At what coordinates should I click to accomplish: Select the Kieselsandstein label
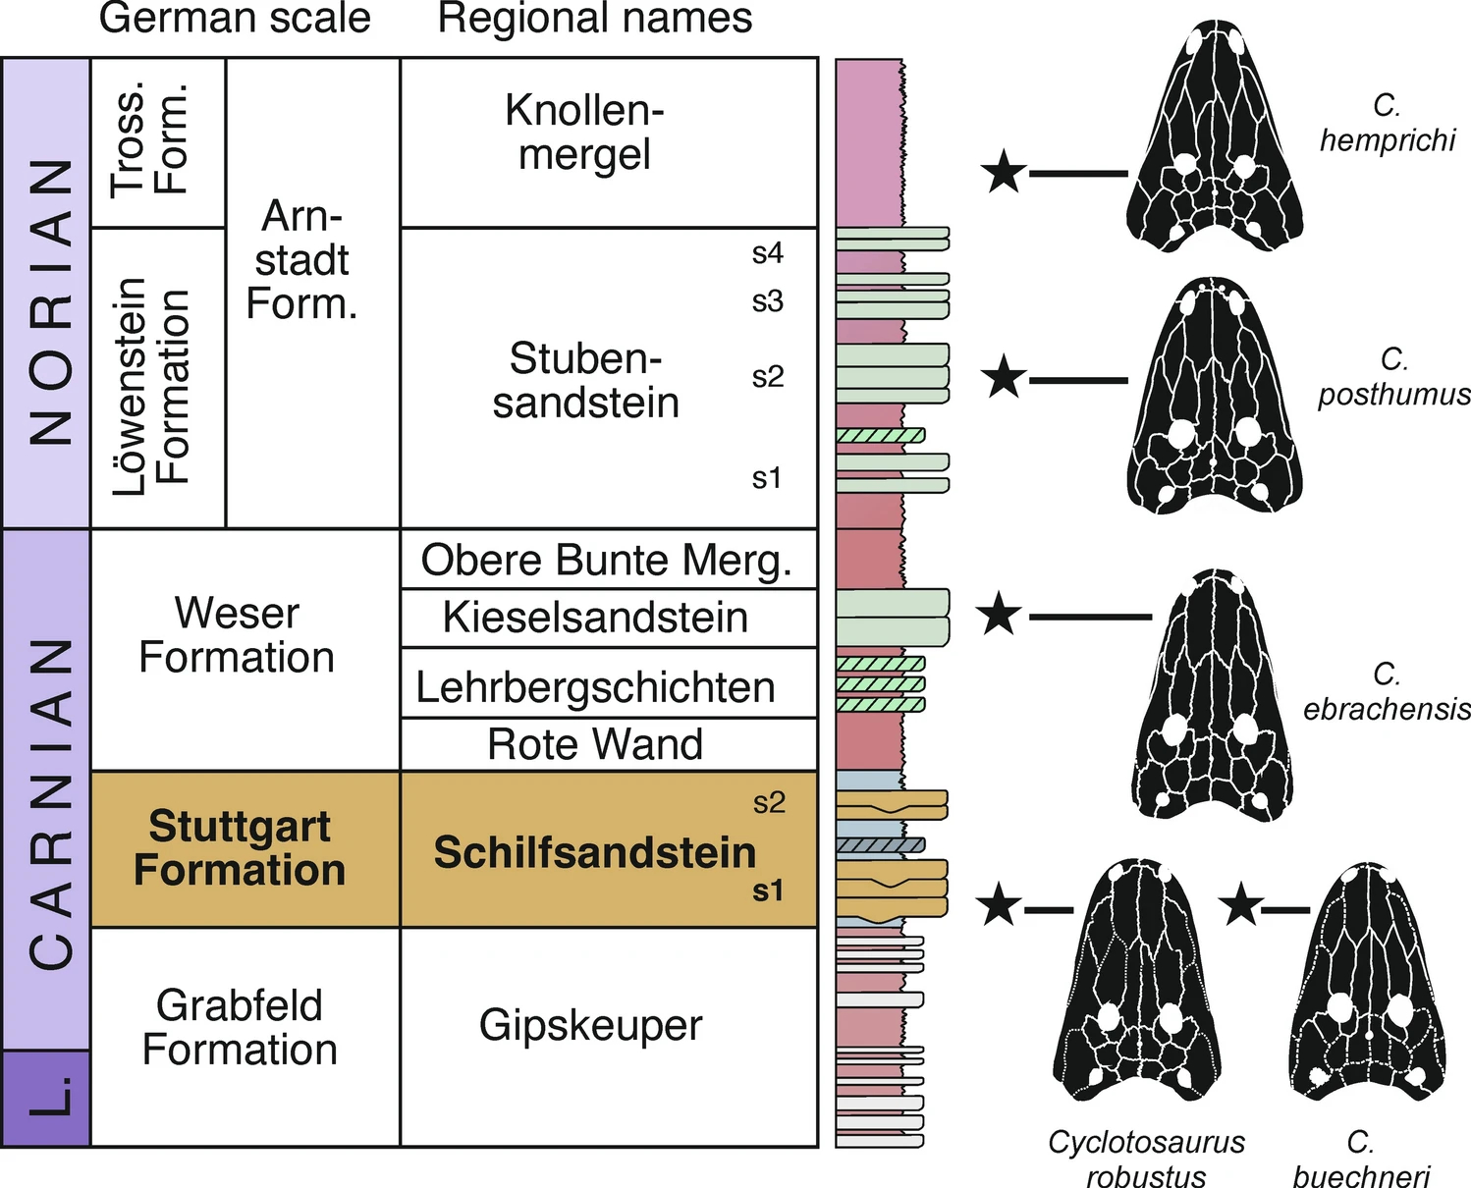pyautogui.click(x=595, y=618)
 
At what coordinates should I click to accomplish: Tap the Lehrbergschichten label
pyautogui.click(x=595, y=686)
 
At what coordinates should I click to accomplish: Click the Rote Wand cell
pyautogui.click(x=595, y=744)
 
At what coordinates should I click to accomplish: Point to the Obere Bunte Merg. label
pyautogui.click(x=606, y=560)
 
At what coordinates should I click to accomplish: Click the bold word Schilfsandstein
pyautogui.click(x=595, y=852)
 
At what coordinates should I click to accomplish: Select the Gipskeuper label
pyautogui.click(x=591, y=1025)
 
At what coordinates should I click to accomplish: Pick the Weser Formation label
pyautogui.click(x=237, y=634)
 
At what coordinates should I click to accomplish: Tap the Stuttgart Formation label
pyautogui.click(x=240, y=847)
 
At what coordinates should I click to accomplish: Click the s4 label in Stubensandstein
pyautogui.click(x=767, y=253)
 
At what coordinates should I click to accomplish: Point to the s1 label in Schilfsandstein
pyautogui.click(x=767, y=891)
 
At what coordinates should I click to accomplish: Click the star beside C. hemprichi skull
pyautogui.click(x=1004, y=173)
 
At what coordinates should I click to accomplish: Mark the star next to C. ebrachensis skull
pyautogui.click(x=1000, y=615)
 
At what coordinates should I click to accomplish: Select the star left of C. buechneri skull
pyautogui.click(x=1241, y=905)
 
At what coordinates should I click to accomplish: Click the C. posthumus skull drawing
pyautogui.click(x=1216, y=403)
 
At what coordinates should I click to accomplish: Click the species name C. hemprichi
pyautogui.click(x=1387, y=123)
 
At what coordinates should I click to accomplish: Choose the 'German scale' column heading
pyautogui.click(x=235, y=18)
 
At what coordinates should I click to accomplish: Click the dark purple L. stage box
pyautogui.click(x=46, y=1098)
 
